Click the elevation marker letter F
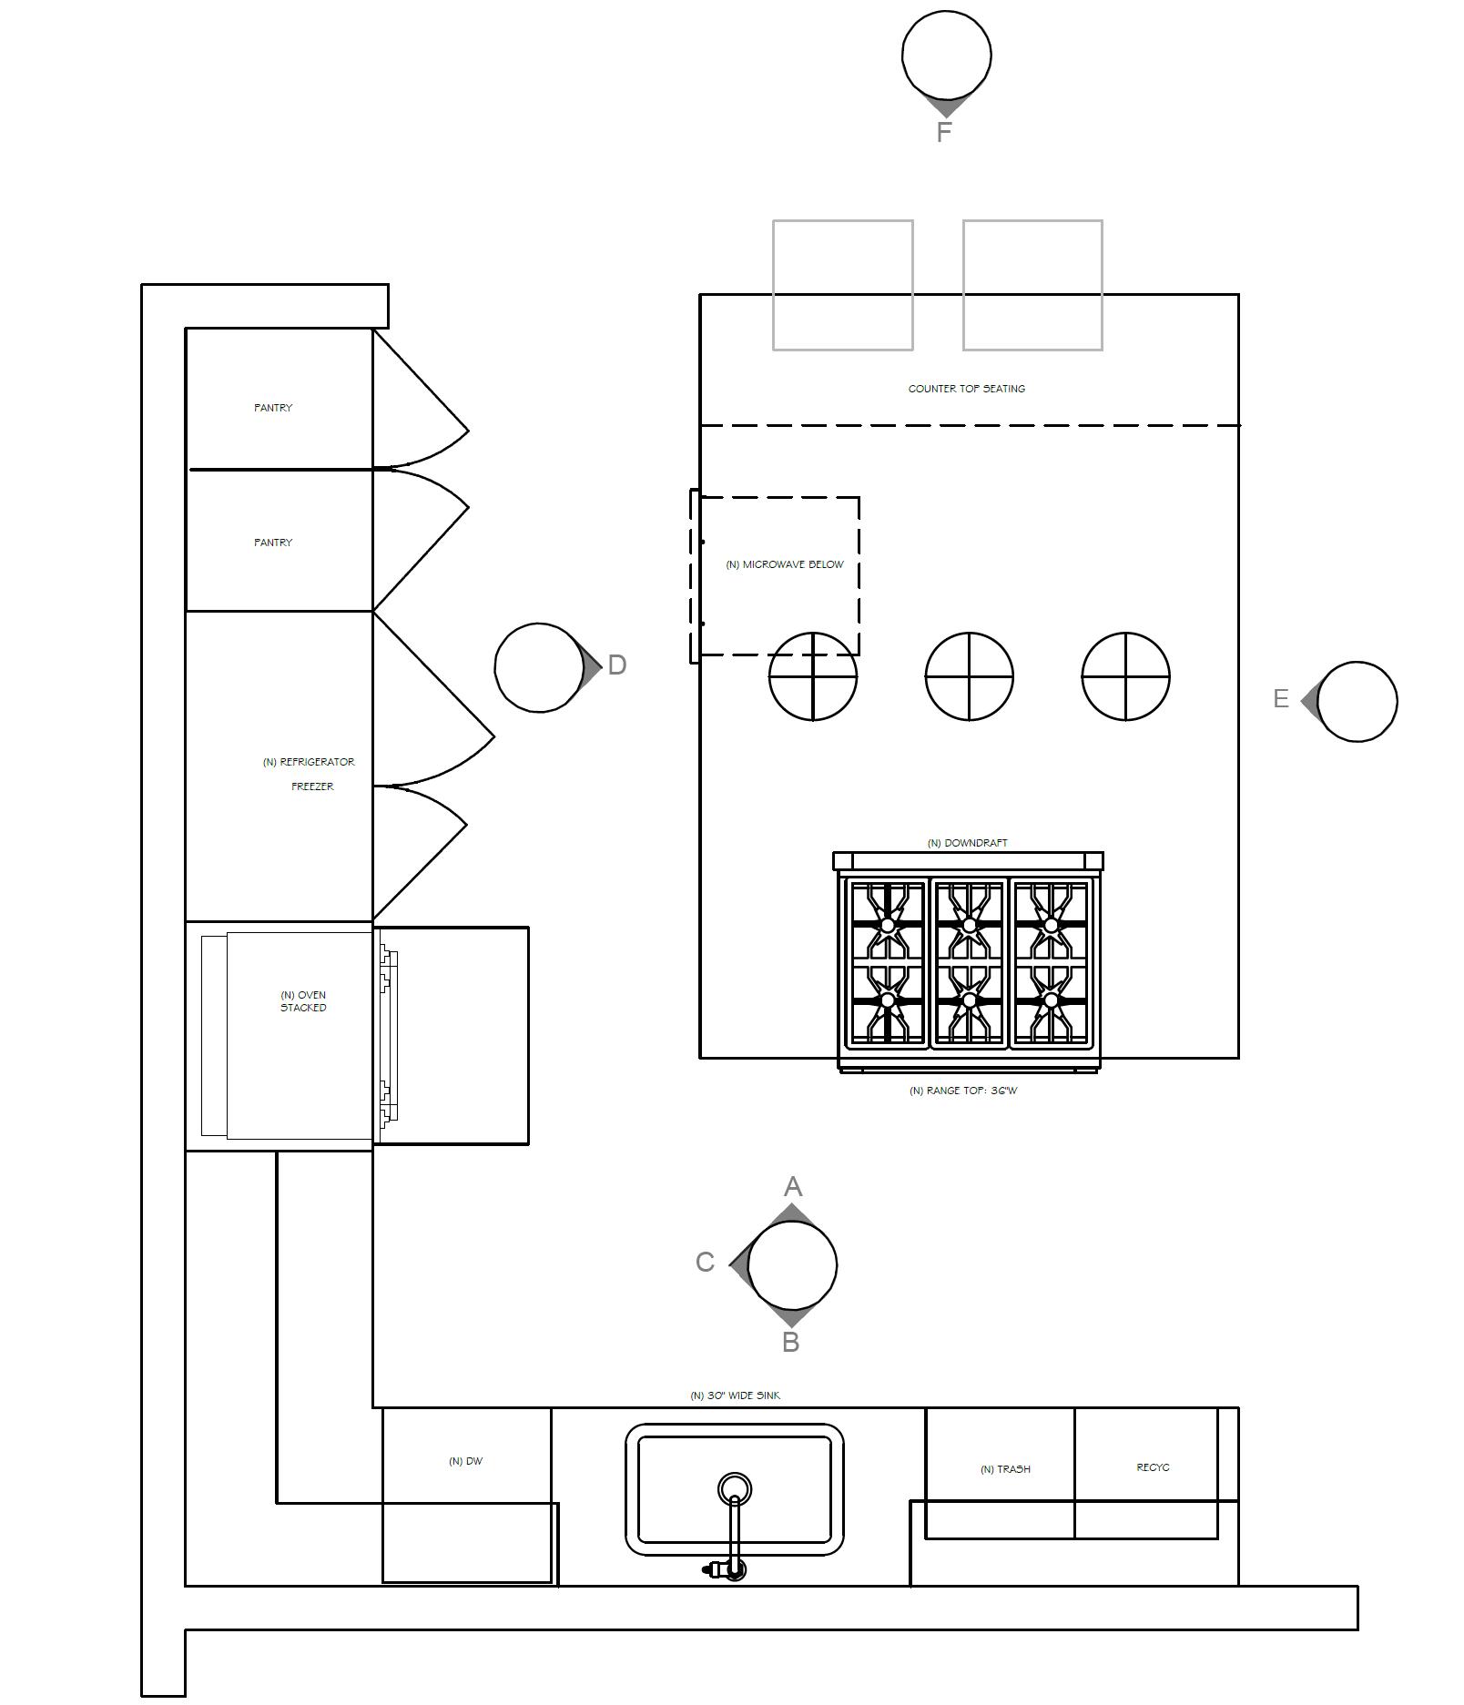pyautogui.click(x=944, y=132)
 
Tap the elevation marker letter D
pyautogui.click(x=616, y=665)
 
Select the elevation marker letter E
pyautogui.click(x=1281, y=699)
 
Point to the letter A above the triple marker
pyautogui.click(x=792, y=1187)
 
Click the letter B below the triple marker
pyautogui.click(x=790, y=1342)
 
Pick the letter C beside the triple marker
pyautogui.click(x=705, y=1263)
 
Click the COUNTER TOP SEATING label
pyautogui.click(x=966, y=389)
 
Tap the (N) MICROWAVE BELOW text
pyautogui.click(x=785, y=564)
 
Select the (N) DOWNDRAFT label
pyautogui.click(x=967, y=843)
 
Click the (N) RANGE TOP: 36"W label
pyautogui.click(x=963, y=1091)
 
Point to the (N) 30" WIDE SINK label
pyautogui.click(x=735, y=1395)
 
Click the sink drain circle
pyautogui.click(x=734, y=1489)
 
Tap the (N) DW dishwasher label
pyautogui.click(x=465, y=1461)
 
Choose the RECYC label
pyautogui.click(x=1153, y=1467)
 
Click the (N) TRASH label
pyautogui.click(x=1005, y=1469)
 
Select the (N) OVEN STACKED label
pyautogui.click(x=303, y=1001)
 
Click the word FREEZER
pyautogui.click(x=312, y=787)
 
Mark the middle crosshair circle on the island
pyautogui.click(x=969, y=676)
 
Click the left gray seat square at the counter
pyautogui.click(x=842, y=285)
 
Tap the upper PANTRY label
pyautogui.click(x=273, y=408)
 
